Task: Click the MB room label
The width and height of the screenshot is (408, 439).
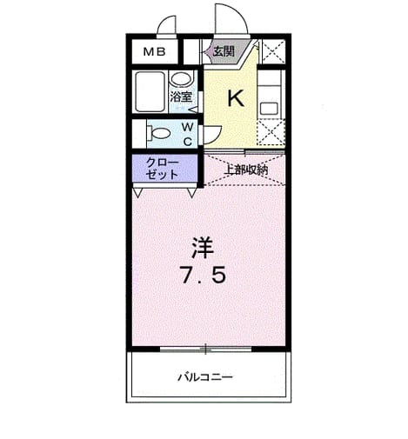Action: click(155, 52)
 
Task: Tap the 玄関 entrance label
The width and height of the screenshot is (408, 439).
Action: click(224, 51)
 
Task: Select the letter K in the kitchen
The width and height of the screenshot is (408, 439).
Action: click(236, 98)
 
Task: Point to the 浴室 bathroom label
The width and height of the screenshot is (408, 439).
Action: click(181, 96)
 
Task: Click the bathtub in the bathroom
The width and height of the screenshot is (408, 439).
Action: click(150, 92)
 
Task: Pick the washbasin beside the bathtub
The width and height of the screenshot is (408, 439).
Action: click(180, 79)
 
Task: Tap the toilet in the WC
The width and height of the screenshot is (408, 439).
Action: click(158, 134)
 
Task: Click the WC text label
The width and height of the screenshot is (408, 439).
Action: click(188, 134)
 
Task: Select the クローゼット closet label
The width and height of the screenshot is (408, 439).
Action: click(162, 169)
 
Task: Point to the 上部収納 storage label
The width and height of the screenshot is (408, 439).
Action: click(247, 170)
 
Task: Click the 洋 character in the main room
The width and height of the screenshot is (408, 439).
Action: click(203, 248)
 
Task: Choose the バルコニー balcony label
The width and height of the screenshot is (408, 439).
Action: click(205, 377)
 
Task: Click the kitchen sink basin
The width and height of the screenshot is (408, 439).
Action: click(269, 109)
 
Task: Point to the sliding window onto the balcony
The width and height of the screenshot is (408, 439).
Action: click(205, 349)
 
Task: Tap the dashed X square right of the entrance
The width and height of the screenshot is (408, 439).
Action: click(273, 52)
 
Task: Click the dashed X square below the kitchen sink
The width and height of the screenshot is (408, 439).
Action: click(271, 132)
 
